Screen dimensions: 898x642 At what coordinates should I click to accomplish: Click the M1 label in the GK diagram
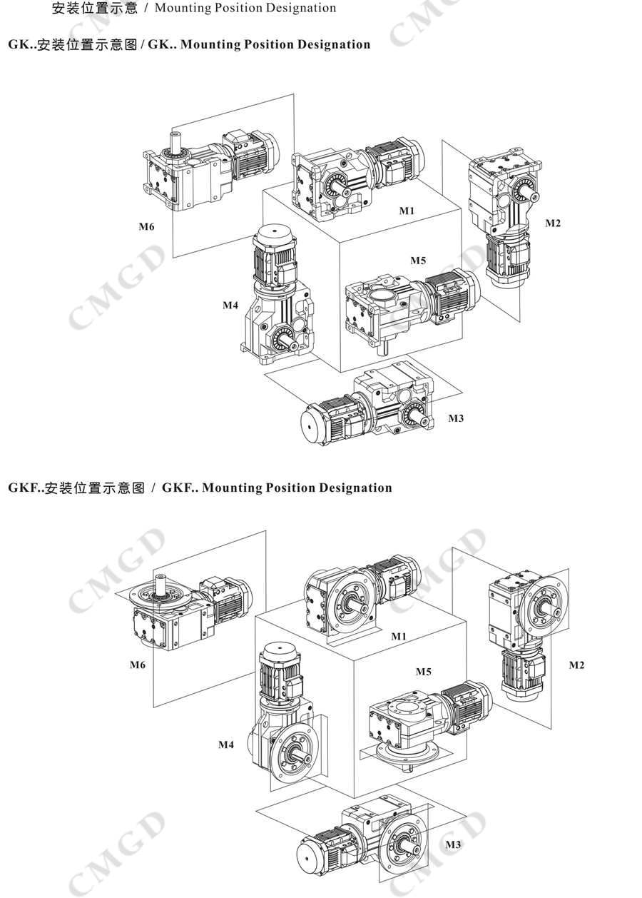(x=407, y=211)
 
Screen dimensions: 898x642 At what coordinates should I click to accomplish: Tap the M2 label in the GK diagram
(x=553, y=223)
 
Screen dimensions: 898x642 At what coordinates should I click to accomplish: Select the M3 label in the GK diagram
(x=456, y=418)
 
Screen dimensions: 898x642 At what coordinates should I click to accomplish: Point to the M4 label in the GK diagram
(x=230, y=306)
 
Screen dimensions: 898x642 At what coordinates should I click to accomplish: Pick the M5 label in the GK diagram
(x=418, y=260)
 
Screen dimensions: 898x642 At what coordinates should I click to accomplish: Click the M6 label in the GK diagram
(x=146, y=228)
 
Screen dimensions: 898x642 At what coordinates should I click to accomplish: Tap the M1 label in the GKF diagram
(x=398, y=635)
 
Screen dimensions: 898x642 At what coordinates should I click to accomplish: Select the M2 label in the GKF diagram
(x=576, y=665)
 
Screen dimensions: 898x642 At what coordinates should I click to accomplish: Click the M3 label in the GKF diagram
(x=453, y=844)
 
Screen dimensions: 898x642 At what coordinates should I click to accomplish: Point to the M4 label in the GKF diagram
(x=226, y=745)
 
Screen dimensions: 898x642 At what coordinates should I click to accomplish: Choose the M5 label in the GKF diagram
(x=424, y=672)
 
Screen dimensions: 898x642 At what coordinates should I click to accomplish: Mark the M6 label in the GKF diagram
(x=138, y=665)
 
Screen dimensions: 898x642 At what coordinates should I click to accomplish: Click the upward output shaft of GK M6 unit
(x=175, y=141)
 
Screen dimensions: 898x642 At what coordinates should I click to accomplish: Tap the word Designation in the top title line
(x=305, y=9)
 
